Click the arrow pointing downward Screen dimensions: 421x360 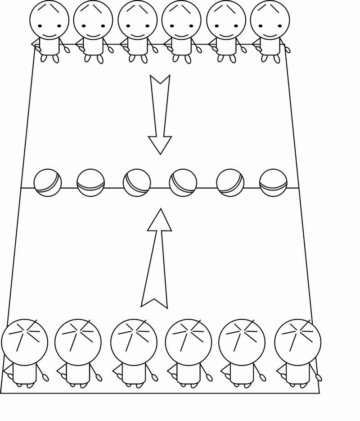point(160,117)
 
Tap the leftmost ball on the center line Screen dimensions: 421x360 point(48,183)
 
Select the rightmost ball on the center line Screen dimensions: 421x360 point(273,183)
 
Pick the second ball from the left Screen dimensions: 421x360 point(90,183)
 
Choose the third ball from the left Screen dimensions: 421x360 point(137,183)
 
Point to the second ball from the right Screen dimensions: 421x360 point(230,183)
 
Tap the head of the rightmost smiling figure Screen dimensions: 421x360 point(270,20)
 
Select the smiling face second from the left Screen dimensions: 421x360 point(93,20)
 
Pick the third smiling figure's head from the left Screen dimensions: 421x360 point(138,20)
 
